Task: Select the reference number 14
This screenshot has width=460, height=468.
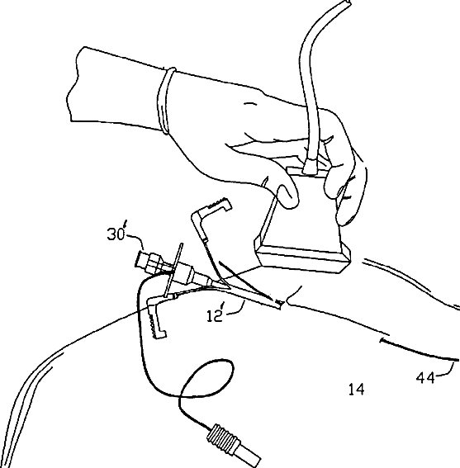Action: point(356,390)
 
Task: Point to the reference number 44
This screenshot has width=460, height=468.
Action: point(425,378)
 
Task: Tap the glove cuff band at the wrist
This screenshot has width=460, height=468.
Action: point(166,101)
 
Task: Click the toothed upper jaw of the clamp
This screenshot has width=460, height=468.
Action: point(219,204)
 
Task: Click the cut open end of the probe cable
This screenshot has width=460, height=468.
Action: point(348,2)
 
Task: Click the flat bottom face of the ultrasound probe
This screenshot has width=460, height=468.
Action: point(301,259)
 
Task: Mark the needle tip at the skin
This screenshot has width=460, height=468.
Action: point(280,304)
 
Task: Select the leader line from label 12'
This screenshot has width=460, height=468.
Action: point(237,310)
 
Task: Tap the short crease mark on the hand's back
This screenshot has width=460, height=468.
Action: point(250,103)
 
